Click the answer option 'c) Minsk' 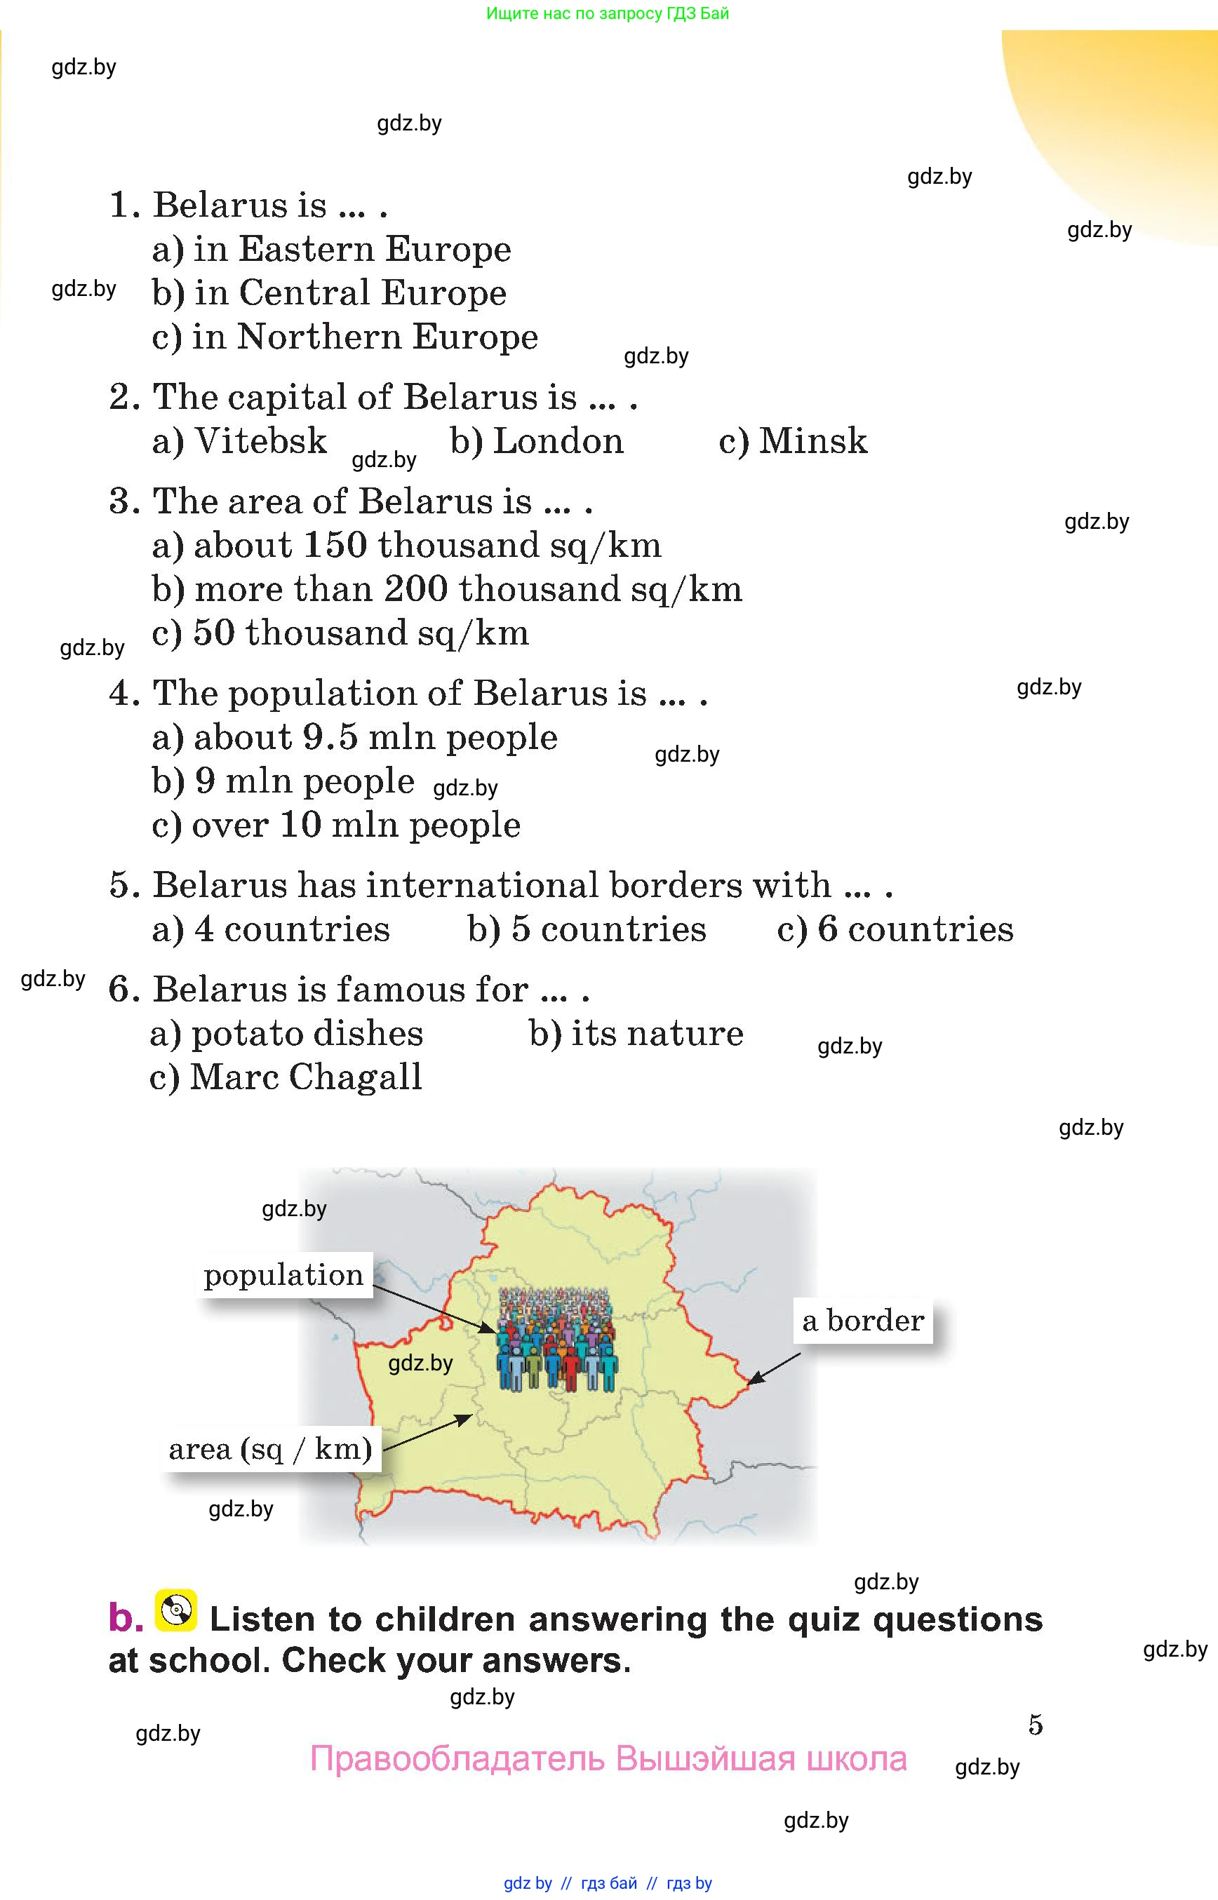click(793, 441)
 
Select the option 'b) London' click(537, 441)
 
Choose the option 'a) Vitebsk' click(239, 441)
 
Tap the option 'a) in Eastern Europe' click(331, 249)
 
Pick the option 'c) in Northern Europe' click(344, 337)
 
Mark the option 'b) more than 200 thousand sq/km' click(447, 589)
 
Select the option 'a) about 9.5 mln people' click(354, 737)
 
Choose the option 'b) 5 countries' click(586, 929)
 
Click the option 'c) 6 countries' click(895, 929)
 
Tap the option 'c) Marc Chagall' click(286, 1077)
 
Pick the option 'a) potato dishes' click(286, 1033)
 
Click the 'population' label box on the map click(284, 1274)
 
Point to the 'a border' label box click(863, 1321)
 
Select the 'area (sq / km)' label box click(271, 1448)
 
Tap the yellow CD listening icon click(175, 1610)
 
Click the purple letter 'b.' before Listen click(126, 1618)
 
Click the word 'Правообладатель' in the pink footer click(457, 1758)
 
